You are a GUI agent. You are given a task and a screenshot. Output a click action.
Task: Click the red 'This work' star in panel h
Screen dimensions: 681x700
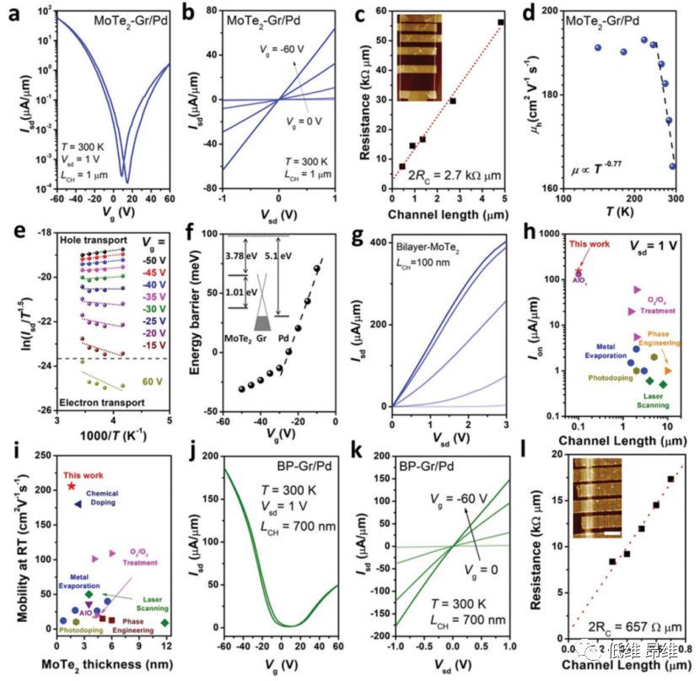click(x=578, y=272)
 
